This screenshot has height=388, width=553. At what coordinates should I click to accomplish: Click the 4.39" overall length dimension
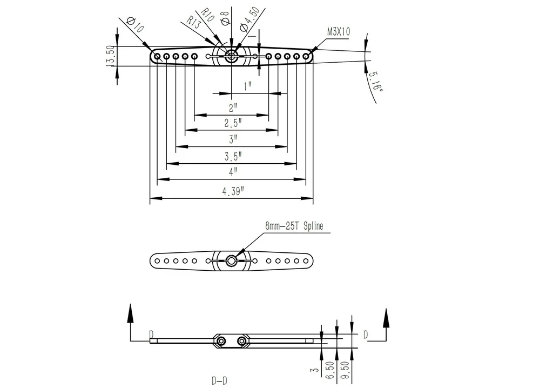point(233,191)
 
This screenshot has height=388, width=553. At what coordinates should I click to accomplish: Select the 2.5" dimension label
point(233,123)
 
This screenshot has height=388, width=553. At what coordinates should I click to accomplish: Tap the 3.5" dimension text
point(233,156)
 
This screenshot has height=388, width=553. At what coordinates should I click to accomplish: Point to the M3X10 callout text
point(339,32)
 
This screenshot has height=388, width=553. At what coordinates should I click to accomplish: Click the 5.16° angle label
point(375,82)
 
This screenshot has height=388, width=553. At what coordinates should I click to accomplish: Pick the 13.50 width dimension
point(110,56)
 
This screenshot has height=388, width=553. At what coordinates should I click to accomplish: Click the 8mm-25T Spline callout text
point(294,226)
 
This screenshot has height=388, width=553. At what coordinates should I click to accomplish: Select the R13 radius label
point(194,22)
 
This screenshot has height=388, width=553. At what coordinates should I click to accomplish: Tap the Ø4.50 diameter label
point(249,20)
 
